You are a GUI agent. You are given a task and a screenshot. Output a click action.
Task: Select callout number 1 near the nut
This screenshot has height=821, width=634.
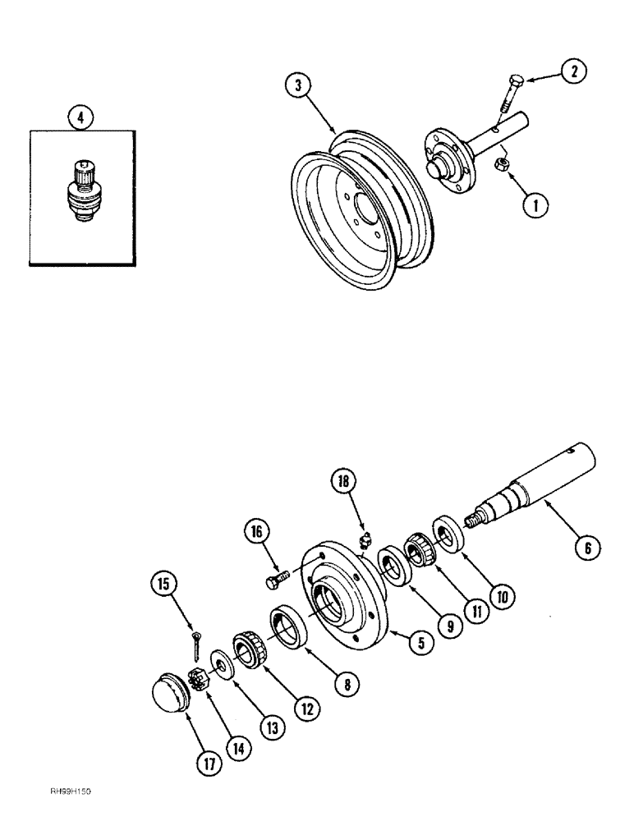click(x=535, y=205)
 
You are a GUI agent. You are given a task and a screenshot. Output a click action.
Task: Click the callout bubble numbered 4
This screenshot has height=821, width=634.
click(x=80, y=119)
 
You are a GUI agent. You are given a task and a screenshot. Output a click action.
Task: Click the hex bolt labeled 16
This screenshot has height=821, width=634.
click(x=276, y=581)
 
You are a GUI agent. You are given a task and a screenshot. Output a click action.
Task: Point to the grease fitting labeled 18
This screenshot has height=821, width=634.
click(x=366, y=540)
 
